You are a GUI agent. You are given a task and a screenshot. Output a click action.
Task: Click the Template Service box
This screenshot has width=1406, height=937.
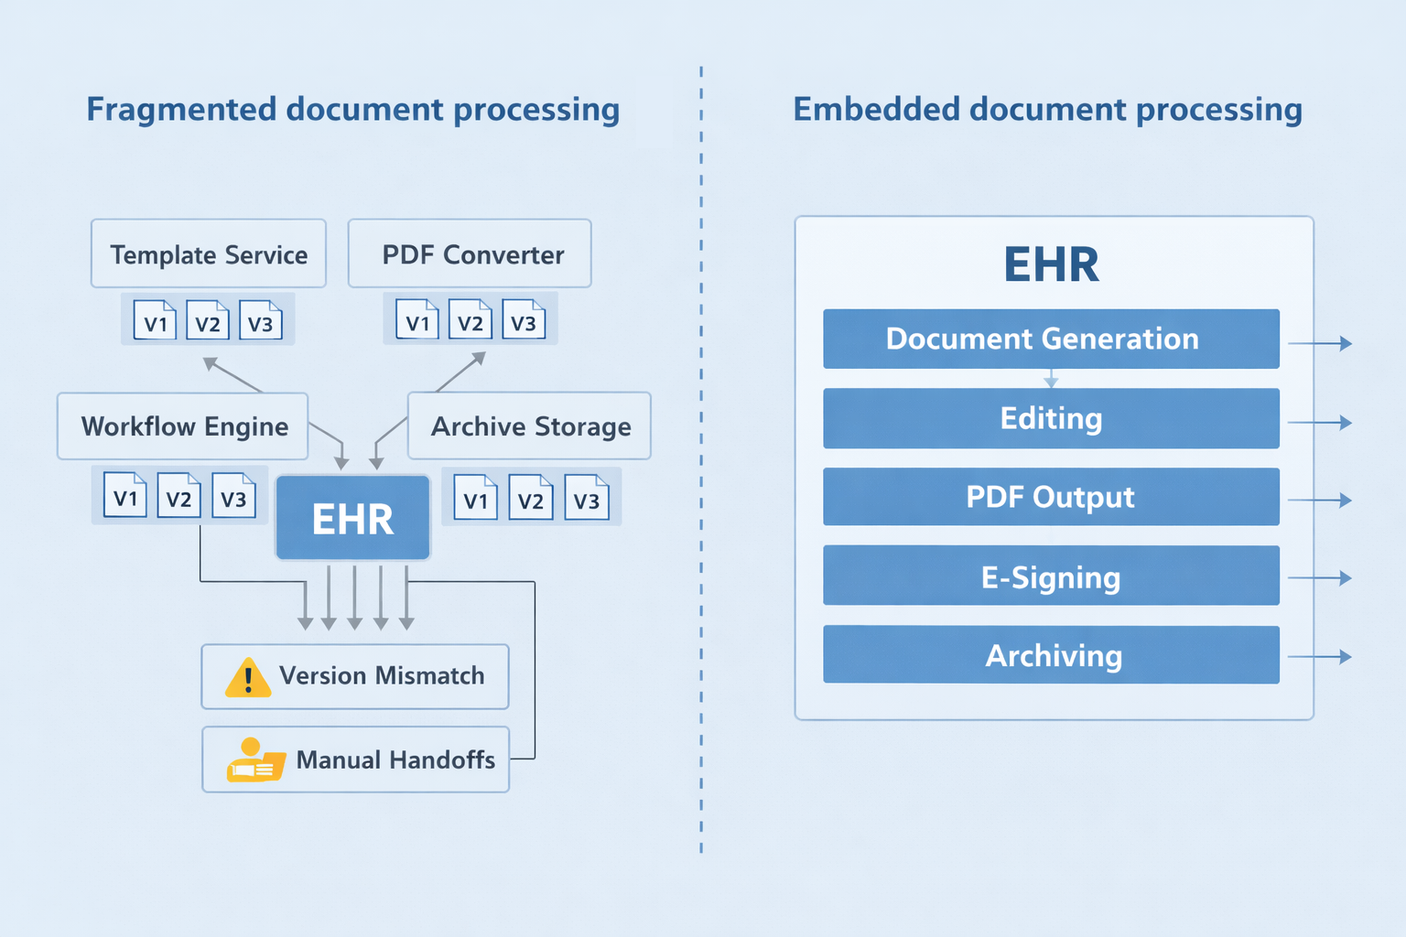(209, 253)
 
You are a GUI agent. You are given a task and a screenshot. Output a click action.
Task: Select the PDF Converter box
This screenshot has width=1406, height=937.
(470, 253)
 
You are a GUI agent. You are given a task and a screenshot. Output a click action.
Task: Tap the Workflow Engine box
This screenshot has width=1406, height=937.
(183, 426)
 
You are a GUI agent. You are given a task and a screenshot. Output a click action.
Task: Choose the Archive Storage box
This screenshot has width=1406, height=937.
(529, 426)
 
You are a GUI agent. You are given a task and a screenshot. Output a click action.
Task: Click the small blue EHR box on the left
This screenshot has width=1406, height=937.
(352, 518)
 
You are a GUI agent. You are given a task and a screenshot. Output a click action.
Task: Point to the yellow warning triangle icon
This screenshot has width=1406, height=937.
(247, 678)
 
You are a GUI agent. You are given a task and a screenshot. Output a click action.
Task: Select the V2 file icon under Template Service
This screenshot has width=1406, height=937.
(208, 321)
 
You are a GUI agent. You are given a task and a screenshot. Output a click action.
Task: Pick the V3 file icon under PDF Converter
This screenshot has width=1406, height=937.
(523, 320)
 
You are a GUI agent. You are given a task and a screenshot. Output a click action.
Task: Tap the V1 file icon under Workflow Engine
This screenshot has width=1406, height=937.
(125, 496)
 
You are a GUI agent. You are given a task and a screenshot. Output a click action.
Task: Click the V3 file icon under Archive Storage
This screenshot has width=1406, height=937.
(586, 498)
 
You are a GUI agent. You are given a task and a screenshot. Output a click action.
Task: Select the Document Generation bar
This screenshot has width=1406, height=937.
(1051, 339)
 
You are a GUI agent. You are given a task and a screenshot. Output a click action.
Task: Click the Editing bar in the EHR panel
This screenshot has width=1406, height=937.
(1051, 418)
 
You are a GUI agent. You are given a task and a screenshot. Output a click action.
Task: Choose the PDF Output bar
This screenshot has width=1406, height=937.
(1051, 497)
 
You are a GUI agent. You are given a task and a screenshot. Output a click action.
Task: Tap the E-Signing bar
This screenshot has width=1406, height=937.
(1051, 576)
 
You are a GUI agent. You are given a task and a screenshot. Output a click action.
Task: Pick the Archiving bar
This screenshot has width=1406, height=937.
(1051, 655)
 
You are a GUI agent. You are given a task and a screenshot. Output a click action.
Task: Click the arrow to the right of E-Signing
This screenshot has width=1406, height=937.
(1320, 577)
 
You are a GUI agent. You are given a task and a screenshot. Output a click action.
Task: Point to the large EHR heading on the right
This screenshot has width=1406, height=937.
(1051, 264)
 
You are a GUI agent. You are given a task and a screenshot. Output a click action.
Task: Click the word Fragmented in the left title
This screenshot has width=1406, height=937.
(181, 110)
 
